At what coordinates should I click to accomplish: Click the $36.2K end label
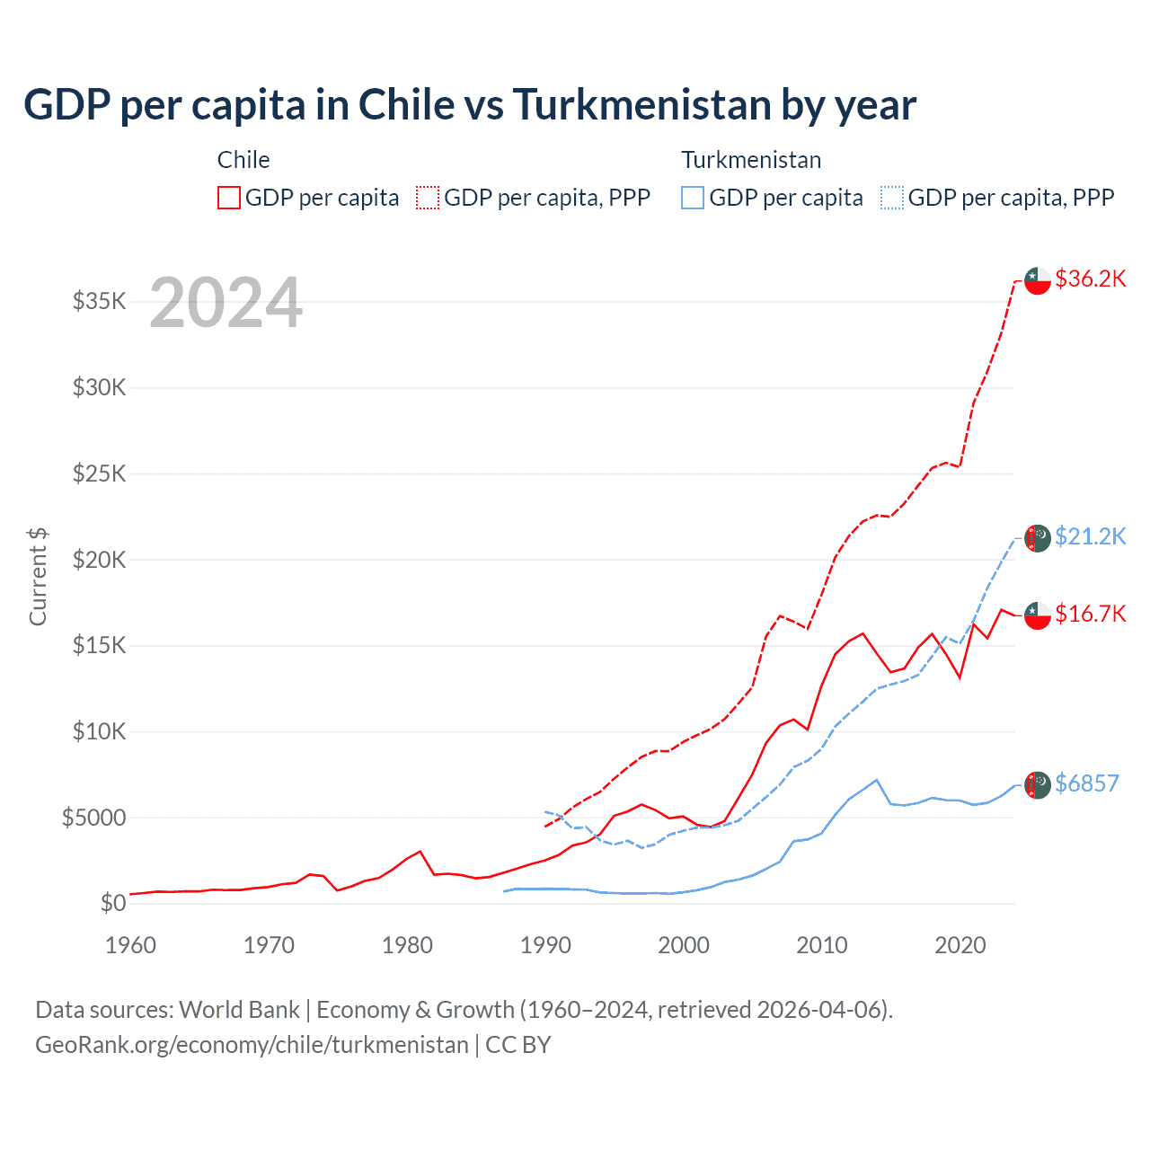pyautogui.click(x=1090, y=279)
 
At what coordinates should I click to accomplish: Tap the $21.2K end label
pyautogui.click(x=1090, y=536)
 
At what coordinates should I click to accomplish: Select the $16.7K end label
pyautogui.click(x=1090, y=614)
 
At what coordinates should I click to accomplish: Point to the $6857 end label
pyautogui.click(x=1086, y=783)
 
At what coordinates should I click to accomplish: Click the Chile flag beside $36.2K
pyautogui.click(x=1038, y=280)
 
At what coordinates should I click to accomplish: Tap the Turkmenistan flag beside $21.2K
pyautogui.click(x=1038, y=538)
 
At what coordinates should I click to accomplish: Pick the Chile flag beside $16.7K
pyautogui.click(x=1038, y=615)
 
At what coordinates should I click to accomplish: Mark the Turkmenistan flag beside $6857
pyautogui.click(x=1038, y=784)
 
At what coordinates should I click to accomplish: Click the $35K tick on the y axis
pyautogui.click(x=100, y=301)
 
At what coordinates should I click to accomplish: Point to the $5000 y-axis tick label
pyautogui.click(x=94, y=818)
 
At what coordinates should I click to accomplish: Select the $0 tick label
pyautogui.click(x=113, y=903)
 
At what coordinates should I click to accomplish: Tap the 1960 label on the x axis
pyautogui.click(x=131, y=945)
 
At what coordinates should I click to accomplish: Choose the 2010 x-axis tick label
pyautogui.click(x=822, y=945)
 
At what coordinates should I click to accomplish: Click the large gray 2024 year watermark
pyautogui.click(x=226, y=303)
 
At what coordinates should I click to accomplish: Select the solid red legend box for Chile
pyautogui.click(x=229, y=198)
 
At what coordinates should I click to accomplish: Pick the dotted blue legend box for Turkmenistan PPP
pyautogui.click(x=892, y=198)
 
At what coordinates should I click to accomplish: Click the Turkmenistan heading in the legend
pyautogui.click(x=751, y=160)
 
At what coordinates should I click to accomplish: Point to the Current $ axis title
pyautogui.click(x=38, y=577)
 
